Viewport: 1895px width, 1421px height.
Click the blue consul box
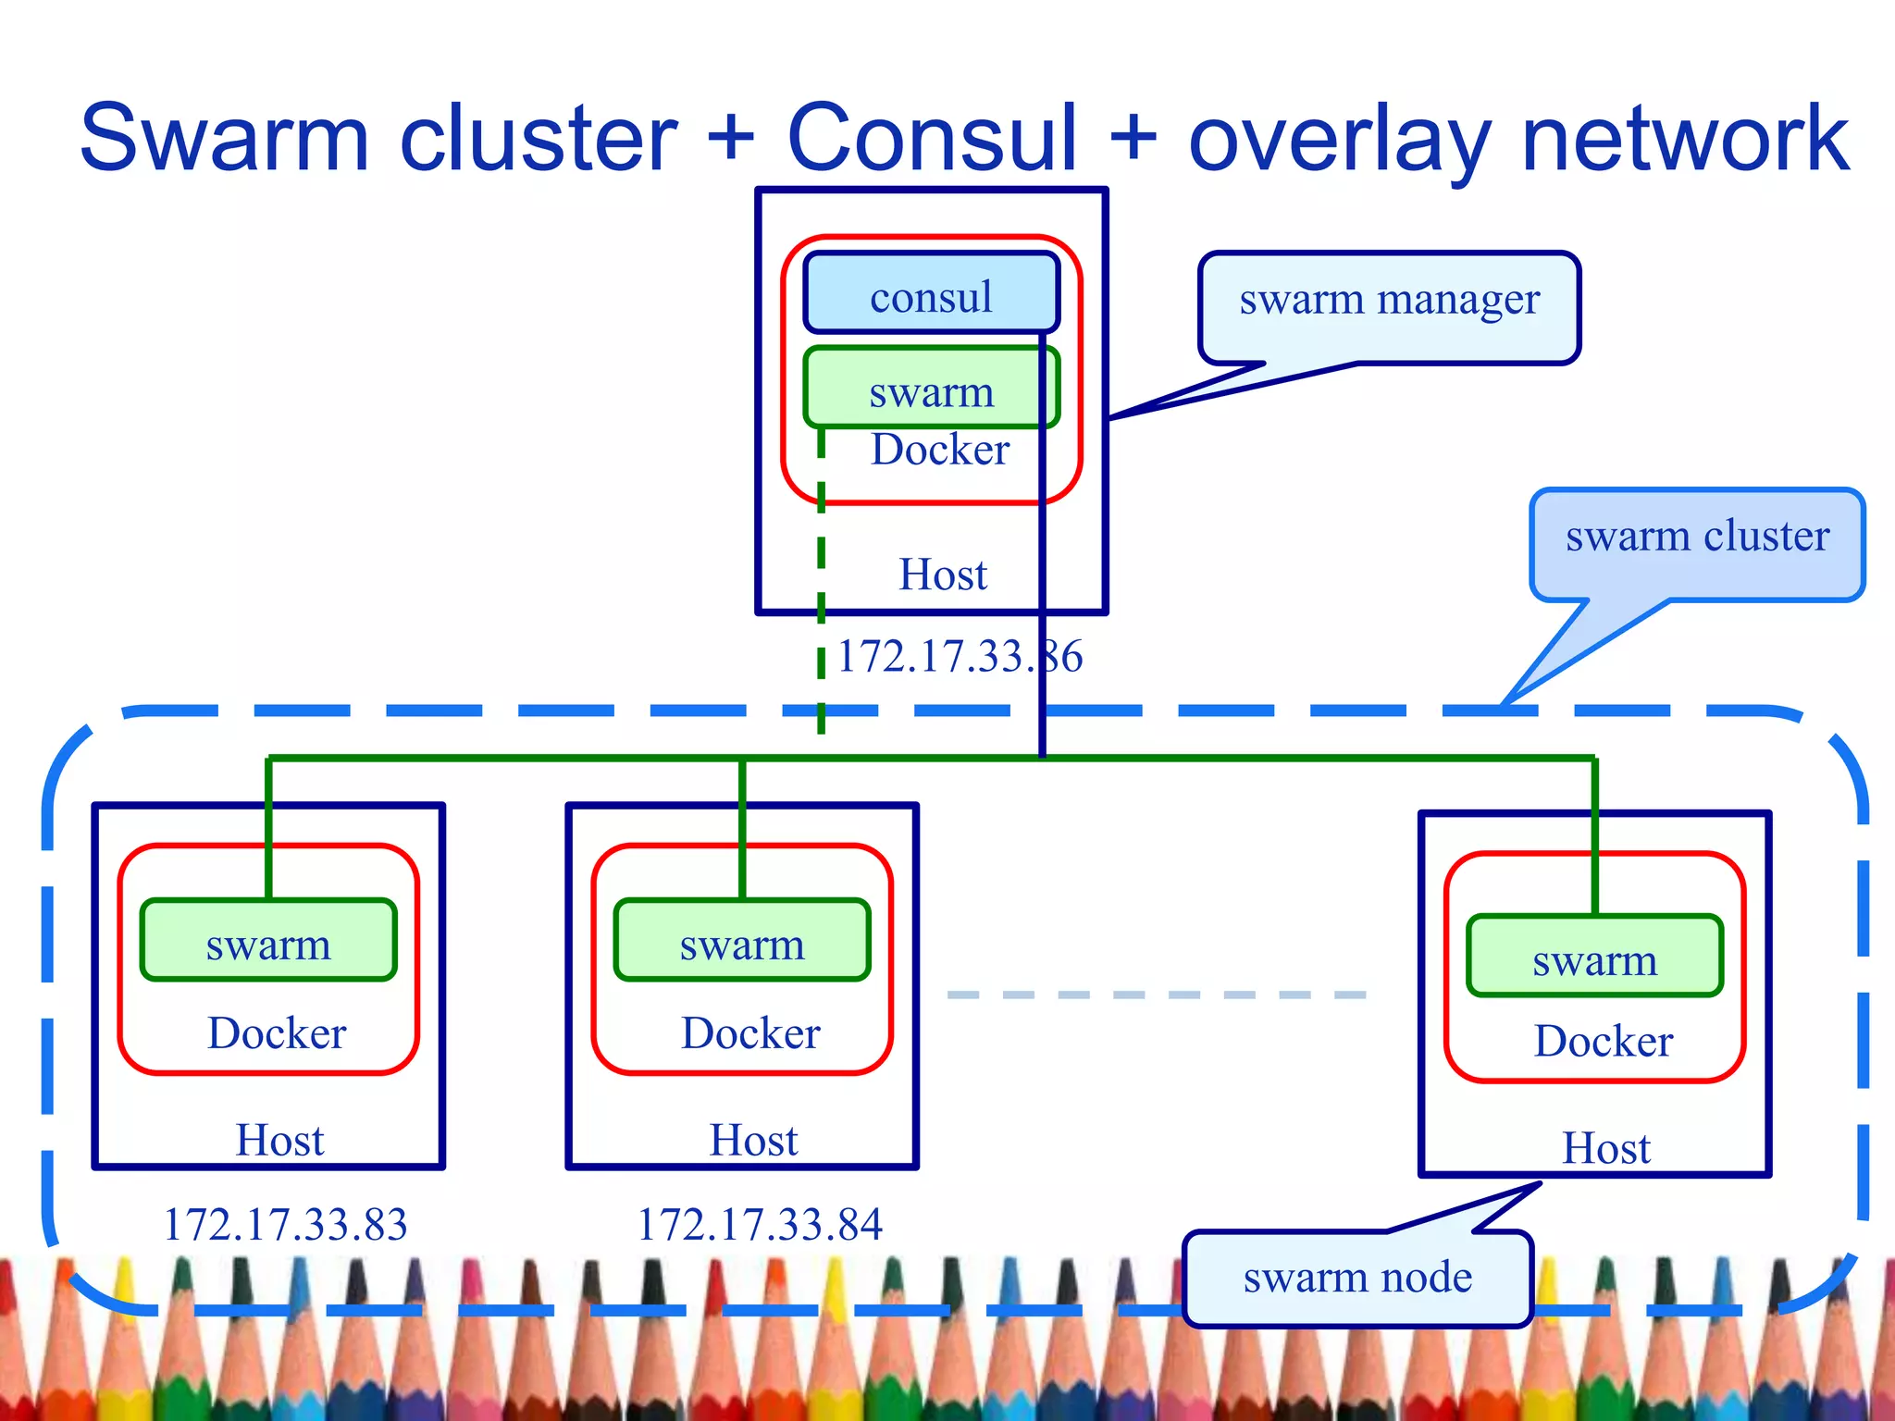coord(930,294)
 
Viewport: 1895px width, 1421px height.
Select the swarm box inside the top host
coord(930,389)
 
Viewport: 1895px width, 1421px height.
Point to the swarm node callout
coord(1356,1279)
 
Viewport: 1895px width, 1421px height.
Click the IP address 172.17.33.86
coord(960,657)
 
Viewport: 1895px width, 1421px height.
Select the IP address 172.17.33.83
coord(285,1224)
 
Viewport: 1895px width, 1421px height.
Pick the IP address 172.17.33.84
coord(759,1224)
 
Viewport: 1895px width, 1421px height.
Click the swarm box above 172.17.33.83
coord(268,941)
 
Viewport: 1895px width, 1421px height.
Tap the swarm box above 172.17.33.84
coord(742,941)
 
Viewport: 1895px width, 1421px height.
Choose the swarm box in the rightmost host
coord(1594,957)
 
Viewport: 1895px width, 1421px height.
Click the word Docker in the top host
coord(939,451)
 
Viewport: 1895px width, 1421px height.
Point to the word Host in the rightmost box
coord(1606,1149)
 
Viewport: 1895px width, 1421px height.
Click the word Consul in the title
coord(932,139)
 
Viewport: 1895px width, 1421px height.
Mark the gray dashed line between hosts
coord(1157,995)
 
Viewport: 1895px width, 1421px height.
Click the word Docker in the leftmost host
coord(277,1033)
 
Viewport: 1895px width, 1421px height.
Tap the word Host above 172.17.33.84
coord(753,1141)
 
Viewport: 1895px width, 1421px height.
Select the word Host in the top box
coord(943,575)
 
